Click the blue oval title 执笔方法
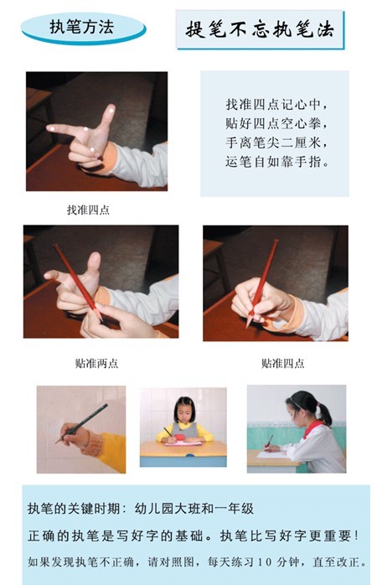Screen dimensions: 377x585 click(83, 28)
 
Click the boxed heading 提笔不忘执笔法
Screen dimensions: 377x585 click(260, 29)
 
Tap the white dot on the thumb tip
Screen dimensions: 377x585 click(111, 110)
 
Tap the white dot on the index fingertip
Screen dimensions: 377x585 click(52, 129)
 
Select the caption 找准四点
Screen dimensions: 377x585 click(88, 210)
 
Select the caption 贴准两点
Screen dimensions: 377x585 click(96, 363)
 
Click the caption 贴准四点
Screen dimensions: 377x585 click(282, 363)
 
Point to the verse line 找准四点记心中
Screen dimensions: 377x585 click(276, 104)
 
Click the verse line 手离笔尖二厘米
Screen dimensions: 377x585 click(276, 142)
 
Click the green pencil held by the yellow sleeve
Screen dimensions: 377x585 click(81, 423)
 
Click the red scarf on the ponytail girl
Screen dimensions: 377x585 click(312, 429)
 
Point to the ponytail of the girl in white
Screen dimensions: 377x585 click(324, 413)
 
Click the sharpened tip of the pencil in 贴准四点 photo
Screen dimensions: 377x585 click(248, 324)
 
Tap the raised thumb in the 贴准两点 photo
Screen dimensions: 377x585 click(91, 267)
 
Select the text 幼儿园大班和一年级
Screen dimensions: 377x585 click(194, 509)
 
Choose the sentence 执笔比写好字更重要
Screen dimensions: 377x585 click(289, 536)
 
